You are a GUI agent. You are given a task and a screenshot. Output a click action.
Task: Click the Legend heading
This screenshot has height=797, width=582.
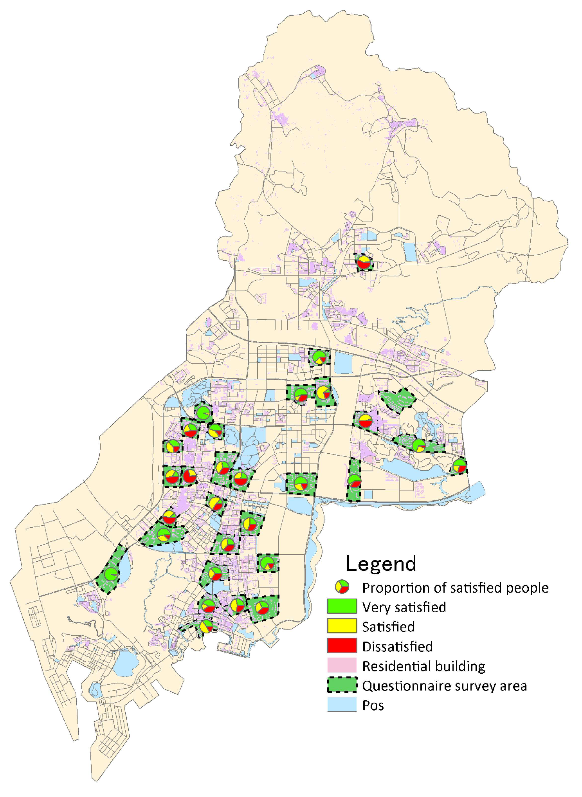380,564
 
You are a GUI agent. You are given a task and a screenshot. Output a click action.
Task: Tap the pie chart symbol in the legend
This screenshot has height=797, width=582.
342,587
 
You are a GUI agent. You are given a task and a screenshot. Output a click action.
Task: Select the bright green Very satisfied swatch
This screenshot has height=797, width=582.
342,606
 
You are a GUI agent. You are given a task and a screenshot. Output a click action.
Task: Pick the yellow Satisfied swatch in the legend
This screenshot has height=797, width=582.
342,626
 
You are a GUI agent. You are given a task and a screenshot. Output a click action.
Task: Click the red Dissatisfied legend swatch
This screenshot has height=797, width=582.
342,646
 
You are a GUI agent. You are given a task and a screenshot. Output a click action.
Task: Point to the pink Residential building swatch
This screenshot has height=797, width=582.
342,665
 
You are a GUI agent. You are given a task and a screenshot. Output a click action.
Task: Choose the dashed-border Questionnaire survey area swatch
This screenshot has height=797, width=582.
342,685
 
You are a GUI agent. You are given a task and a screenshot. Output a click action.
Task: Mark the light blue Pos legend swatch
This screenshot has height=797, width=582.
342,705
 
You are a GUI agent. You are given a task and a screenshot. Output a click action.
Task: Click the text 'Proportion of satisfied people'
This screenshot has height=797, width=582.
455,588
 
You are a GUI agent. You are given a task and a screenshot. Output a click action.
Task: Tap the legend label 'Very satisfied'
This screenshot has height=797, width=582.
404,607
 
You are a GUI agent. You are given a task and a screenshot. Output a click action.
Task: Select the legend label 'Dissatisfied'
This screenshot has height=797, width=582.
397,646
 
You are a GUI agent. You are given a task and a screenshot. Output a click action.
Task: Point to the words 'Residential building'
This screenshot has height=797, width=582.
423,666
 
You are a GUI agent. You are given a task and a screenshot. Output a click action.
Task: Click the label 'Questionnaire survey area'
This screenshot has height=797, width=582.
444,686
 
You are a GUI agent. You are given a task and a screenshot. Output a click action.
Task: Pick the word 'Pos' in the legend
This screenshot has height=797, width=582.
373,705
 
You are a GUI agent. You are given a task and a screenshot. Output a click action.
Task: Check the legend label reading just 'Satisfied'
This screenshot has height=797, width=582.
388,627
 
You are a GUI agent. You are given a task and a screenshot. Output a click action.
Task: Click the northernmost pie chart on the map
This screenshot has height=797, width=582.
364,262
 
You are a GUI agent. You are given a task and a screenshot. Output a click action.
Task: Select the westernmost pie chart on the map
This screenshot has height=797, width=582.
111,574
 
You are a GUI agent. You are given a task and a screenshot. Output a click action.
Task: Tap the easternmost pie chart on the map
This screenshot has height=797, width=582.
459,466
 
